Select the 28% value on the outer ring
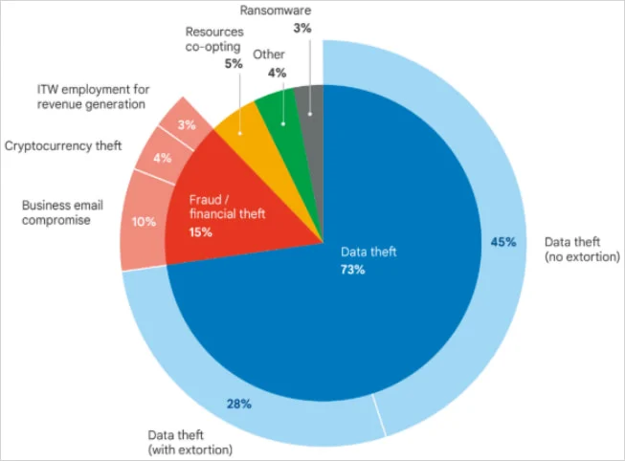(238, 404)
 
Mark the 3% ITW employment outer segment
(188, 122)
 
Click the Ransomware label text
(302, 11)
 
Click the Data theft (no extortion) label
(575, 250)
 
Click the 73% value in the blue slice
(354, 270)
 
